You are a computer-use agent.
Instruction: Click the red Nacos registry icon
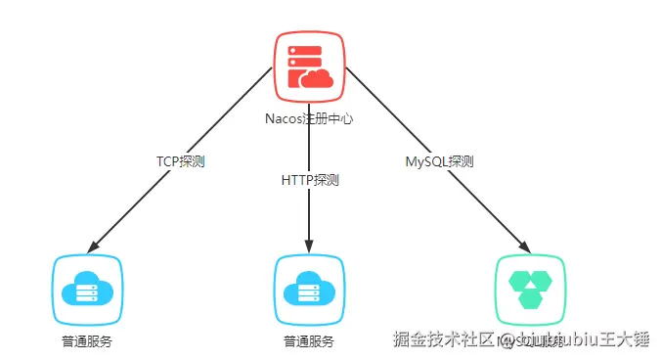tap(309, 66)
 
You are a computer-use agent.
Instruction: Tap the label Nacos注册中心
tap(309, 118)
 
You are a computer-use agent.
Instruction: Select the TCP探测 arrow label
tap(181, 160)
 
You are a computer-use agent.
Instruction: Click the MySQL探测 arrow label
tap(439, 160)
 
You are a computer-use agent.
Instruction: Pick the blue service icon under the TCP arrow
tap(87, 290)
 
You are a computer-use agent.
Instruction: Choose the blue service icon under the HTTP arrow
tap(309, 290)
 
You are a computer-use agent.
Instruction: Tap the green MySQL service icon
tap(530, 290)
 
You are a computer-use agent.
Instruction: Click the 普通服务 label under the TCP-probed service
tap(87, 341)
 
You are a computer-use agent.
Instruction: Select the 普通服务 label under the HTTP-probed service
tap(309, 341)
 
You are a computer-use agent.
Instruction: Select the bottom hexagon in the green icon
tap(530, 297)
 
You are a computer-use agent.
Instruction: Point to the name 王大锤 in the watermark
tap(627, 340)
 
